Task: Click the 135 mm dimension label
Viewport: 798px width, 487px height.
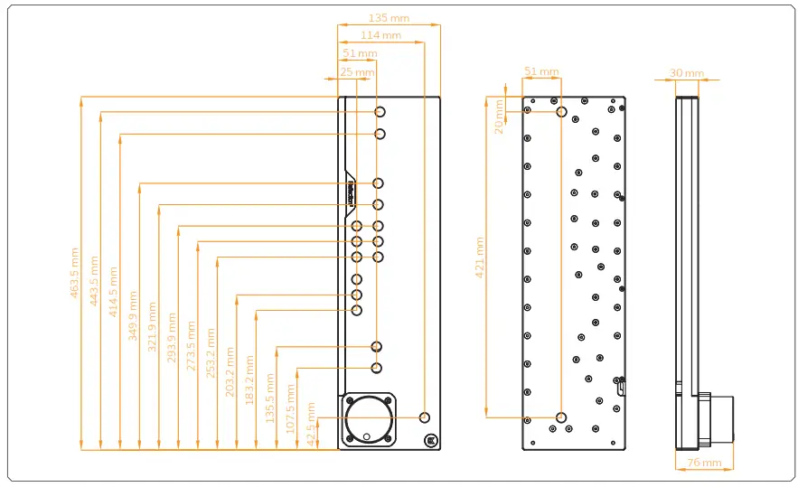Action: (x=390, y=16)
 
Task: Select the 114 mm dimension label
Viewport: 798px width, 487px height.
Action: (x=380, y=35)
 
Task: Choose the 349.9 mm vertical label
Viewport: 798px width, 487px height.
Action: (x=133, y=314)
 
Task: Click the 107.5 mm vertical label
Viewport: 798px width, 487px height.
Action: (x=290, y=409)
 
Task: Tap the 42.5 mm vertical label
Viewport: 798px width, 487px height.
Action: (x=310, y=421)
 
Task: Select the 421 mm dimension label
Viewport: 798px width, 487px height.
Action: (x=480, y=256)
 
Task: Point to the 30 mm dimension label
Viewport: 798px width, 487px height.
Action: (x=687, y=73)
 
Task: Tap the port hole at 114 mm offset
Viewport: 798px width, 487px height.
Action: (x=425, y=417)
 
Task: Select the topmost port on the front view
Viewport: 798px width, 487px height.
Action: (x=380, y=111)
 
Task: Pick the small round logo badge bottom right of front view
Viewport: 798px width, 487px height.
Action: (x=430, y=441)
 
